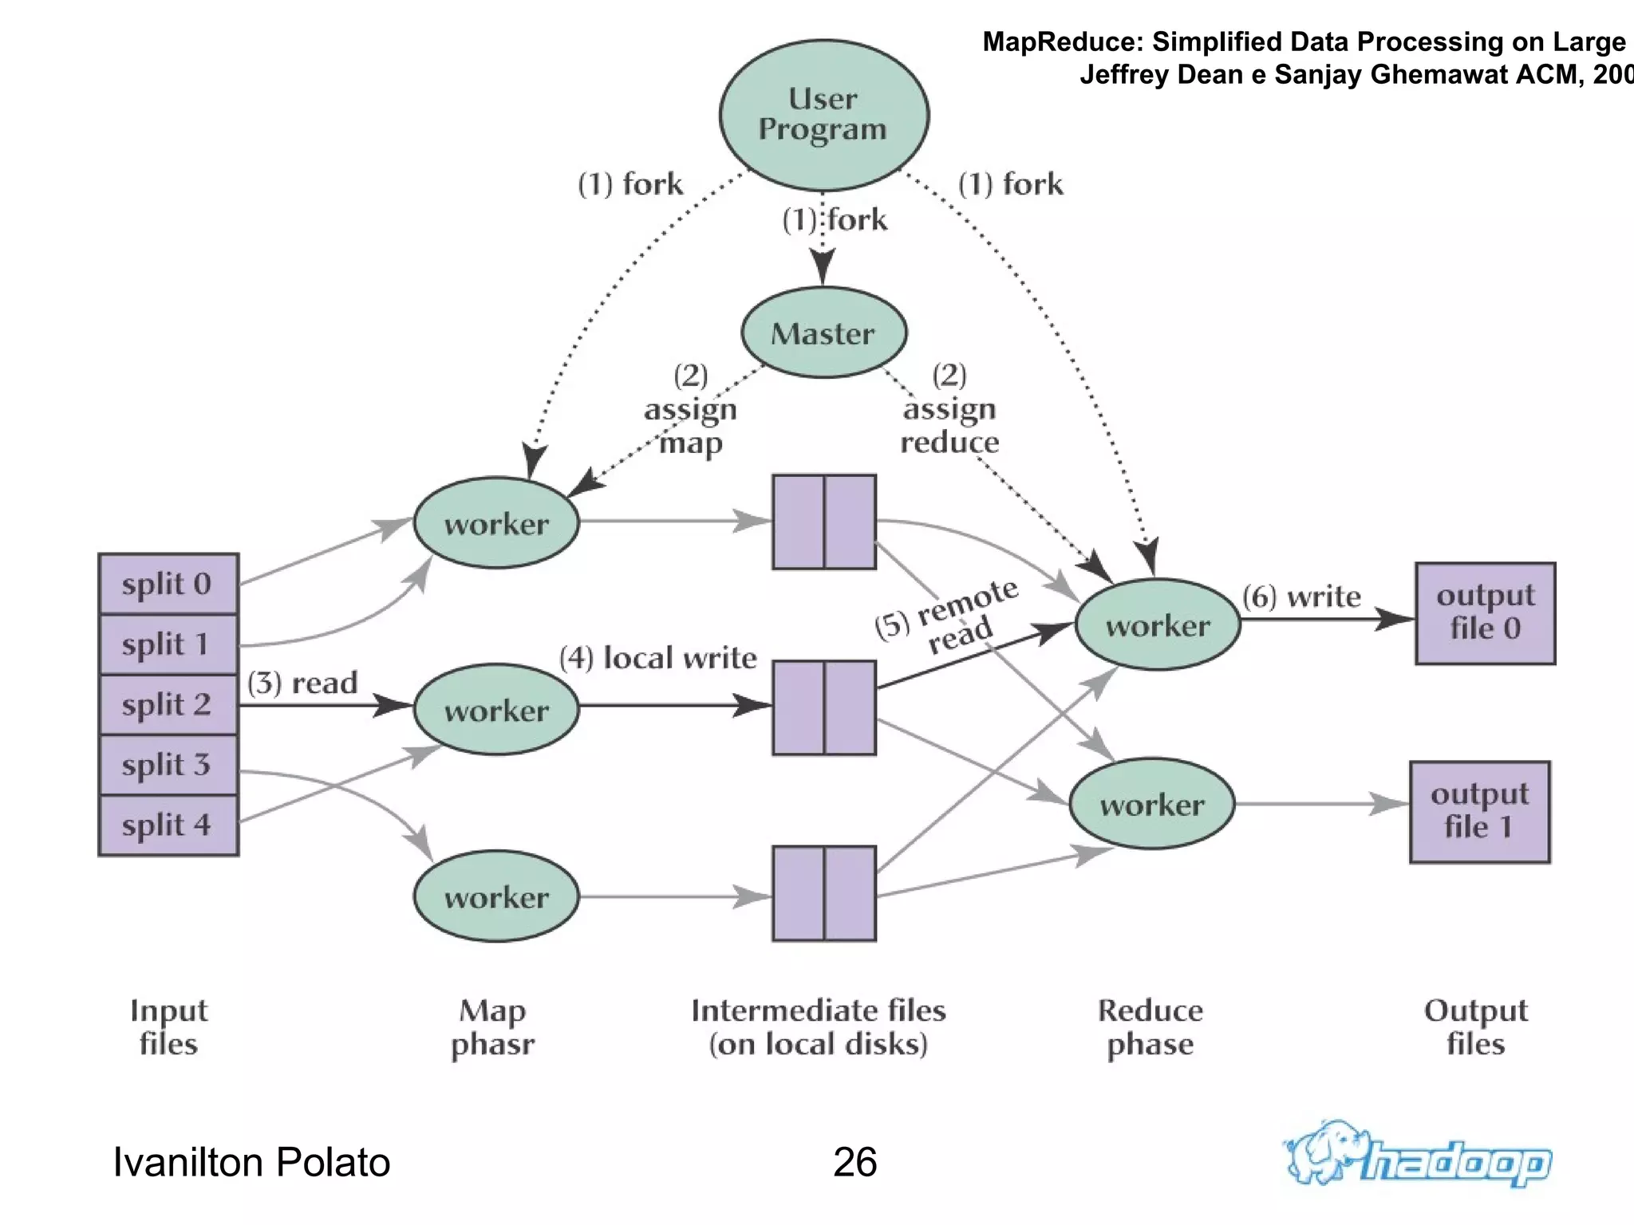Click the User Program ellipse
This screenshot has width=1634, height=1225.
823,115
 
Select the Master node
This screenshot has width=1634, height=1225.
823,333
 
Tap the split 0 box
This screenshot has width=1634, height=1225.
168,584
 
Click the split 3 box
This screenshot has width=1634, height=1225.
168,765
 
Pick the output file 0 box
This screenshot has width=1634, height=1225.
1485,612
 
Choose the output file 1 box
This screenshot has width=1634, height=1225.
1479,811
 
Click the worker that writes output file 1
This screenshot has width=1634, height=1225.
1151,804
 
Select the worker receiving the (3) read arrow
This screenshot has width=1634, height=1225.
496,709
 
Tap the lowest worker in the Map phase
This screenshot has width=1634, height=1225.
496,896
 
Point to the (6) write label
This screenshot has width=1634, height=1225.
1301,597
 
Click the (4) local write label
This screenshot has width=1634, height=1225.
658,658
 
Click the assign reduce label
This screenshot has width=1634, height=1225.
949,424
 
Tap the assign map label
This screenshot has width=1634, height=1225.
691,426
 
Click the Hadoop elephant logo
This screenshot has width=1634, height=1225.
1418,1155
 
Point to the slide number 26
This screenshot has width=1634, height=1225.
854,1162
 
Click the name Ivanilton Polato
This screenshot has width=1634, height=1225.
251,1162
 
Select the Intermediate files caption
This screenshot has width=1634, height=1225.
819,1026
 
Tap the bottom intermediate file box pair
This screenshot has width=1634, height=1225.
823,893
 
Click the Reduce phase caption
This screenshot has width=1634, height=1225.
1150,1026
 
